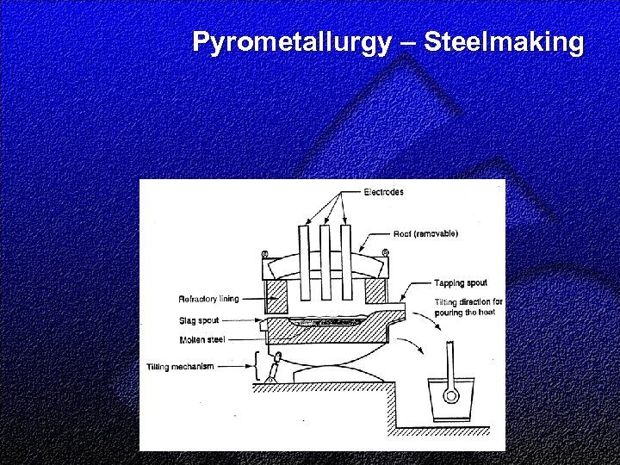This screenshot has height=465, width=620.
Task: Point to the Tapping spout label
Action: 460,282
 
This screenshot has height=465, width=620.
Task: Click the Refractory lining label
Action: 208,299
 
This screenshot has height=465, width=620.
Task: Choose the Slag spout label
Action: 199,320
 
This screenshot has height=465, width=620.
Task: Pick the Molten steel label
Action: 201,339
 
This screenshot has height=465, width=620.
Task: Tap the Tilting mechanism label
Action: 181,367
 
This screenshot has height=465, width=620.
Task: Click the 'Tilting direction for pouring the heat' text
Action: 468,307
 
